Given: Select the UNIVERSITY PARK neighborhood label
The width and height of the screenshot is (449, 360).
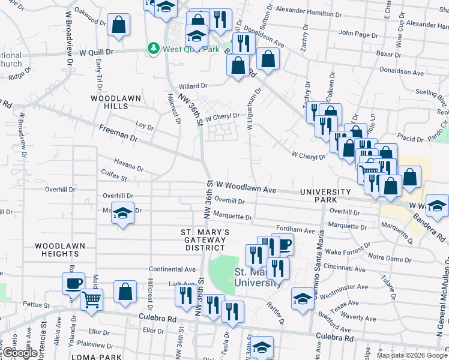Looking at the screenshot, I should pyautogui.click(x=325, y=196).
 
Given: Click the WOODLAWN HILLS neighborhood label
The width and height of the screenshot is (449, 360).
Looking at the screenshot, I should pyautogui.click(x=109, y=102).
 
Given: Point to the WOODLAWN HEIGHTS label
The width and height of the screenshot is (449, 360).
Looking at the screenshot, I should pyautogui.click(x=56, y=250).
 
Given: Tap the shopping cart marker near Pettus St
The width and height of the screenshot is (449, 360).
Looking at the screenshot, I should pyautogui.click(x=91, y=298).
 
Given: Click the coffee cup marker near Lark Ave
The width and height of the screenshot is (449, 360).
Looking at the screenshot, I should pyautogui.click(x=74, y=282).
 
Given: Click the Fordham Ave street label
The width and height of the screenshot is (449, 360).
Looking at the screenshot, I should pyautogui.click(x=301, y=230).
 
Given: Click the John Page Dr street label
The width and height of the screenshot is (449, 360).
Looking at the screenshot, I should pyautogui.click(x=359, y=34).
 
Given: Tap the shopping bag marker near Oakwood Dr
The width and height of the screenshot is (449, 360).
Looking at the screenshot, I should pyautogui.click(x=119, y=25).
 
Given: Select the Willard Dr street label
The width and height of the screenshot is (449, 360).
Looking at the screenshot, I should pyautogui.click(x=192, y=86).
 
